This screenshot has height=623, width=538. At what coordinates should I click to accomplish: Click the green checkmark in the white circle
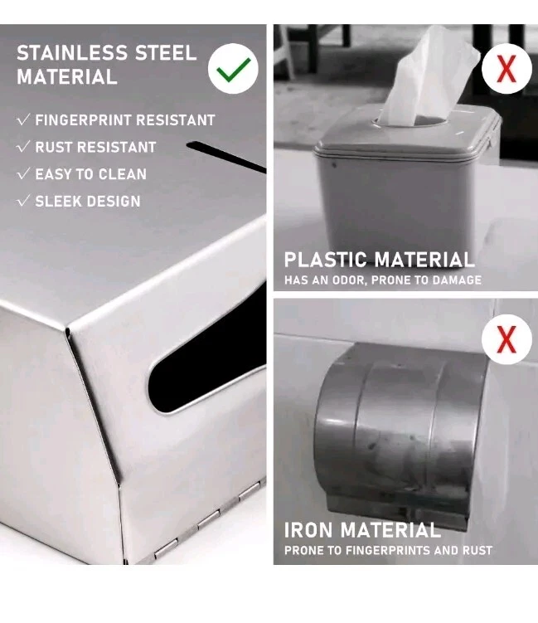point(234,69)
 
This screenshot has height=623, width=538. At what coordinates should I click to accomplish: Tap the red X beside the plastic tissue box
point(506,68)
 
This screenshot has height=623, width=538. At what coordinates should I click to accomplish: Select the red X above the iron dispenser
point(506,339)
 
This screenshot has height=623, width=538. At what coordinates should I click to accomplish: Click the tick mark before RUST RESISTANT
point(23,146)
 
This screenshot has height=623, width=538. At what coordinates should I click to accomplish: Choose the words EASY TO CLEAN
point(91,174)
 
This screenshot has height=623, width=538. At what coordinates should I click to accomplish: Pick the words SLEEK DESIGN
point(88,201)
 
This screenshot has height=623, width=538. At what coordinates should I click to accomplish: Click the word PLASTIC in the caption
point(325,260)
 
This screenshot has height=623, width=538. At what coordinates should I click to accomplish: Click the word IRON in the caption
point(308,530)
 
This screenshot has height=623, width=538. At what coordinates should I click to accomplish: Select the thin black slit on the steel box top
point(226,157)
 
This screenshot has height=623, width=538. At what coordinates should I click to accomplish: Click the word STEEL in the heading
point(166,53)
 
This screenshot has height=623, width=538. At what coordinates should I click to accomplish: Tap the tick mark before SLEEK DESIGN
point(23,200)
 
